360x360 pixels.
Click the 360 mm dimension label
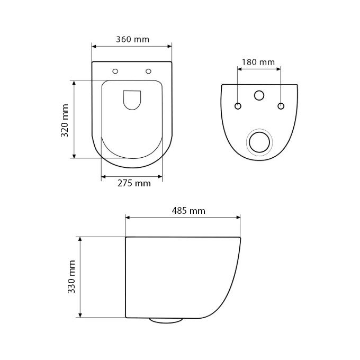tap(132, 39)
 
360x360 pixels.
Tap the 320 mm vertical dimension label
tap(65, 120)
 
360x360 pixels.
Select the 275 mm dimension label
tap(133, 184)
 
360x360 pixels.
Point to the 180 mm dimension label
tap(258, 62)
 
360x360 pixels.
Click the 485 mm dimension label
tap(188, 211)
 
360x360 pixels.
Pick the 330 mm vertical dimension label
tap(72, 277)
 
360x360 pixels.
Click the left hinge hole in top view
tap(115, 71)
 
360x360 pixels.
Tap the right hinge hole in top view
tap(148, 71)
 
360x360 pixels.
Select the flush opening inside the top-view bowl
tap(132, 100)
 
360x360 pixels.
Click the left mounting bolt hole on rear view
tap(238, 106)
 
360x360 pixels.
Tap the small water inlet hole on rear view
tap(259, 95)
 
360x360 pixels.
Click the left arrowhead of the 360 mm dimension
tap(94, 46)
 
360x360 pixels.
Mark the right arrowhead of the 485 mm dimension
tap(238, 217)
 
